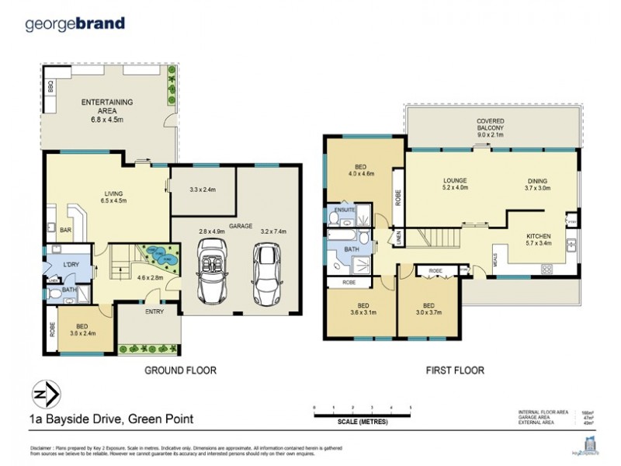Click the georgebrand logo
coord(75,23)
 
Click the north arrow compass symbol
coord(44,394)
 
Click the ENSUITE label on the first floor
coord(344,210)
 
